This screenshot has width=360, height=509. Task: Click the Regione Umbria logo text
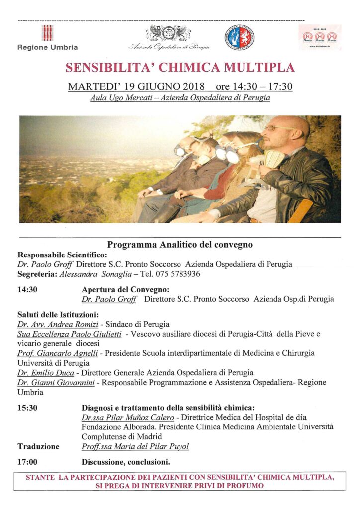pos(48,47)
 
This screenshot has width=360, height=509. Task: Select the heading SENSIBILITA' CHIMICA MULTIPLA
pos(180,67)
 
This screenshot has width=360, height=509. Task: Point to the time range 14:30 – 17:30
pos(254,86)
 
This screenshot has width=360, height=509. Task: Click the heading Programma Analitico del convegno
pos(180,245)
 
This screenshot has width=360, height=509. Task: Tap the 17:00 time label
pos(27,461)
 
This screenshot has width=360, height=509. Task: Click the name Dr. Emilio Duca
pos(41,373)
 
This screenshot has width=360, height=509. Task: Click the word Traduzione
pos(38,446)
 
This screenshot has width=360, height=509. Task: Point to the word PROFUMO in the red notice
pos(246,485)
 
